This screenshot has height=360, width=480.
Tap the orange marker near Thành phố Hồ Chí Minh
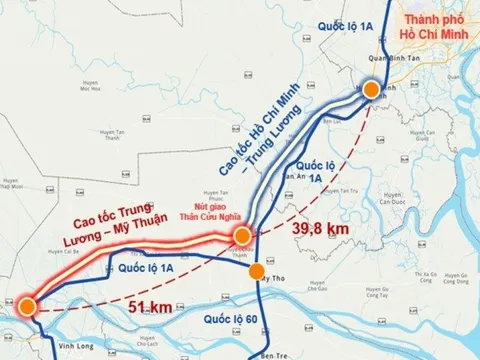pyautogui.click(x=371, y=90)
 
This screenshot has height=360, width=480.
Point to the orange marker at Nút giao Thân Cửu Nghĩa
pyautogui.click(x=243, y=236)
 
